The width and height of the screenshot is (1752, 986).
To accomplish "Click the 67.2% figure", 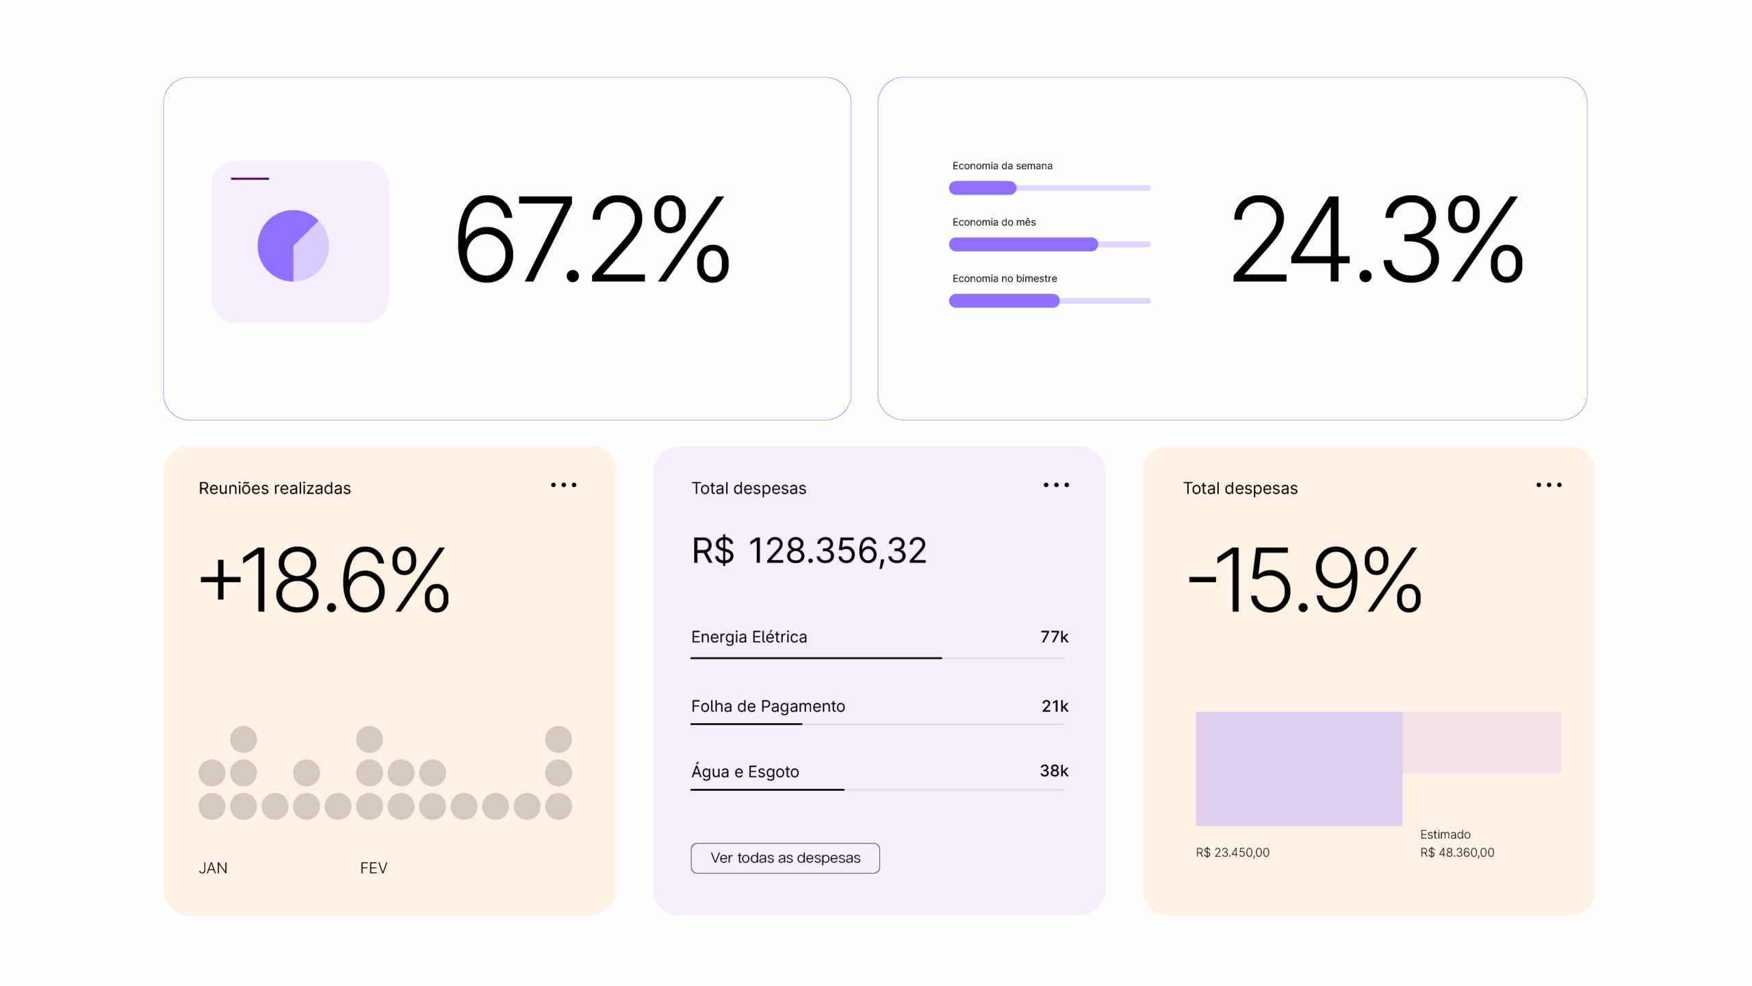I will (592, 239).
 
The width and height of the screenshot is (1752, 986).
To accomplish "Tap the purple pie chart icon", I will (293, 245).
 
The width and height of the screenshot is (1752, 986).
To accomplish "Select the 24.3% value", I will (1376, 239).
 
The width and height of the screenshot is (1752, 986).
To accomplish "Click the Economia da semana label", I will (1002, 166).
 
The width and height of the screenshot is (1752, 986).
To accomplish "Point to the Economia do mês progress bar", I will (1049, 244).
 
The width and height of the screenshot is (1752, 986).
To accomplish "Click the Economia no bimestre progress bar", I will (1049, 301).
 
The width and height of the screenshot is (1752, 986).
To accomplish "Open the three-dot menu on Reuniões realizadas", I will (563, 485).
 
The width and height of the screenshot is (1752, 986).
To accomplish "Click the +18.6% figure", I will (324, 580).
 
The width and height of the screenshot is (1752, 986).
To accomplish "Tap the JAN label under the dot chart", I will (213, 868).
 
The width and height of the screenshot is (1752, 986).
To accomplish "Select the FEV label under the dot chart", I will (374, 868).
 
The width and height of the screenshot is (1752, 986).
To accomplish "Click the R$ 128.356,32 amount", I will (809, 551).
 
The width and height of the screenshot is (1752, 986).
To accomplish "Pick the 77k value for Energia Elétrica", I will (1054, 637).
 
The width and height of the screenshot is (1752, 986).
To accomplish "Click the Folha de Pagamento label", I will (768, 706).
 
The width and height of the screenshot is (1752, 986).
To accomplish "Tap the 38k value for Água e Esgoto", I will (1054, 771).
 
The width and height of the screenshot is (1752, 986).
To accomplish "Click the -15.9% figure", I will (1304, 580).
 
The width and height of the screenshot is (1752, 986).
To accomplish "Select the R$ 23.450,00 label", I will (1233, 852).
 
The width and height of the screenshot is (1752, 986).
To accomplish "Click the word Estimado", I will (1445, 835).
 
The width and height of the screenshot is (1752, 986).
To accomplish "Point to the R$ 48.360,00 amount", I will (1457, 852).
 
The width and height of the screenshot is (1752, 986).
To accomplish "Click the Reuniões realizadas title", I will (274, 488).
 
